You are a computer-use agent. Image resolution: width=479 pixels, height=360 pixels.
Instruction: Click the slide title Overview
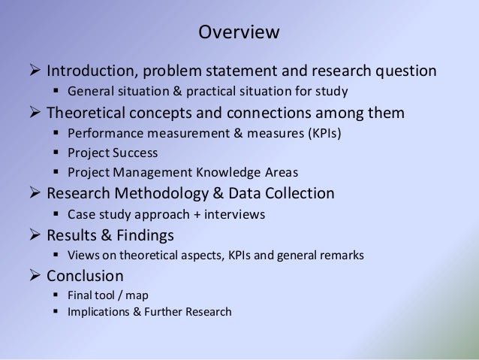coord(239,33)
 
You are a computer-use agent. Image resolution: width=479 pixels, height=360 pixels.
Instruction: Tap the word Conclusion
coord(86,275)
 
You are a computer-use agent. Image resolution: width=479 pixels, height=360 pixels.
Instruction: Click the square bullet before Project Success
coord(57,153)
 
